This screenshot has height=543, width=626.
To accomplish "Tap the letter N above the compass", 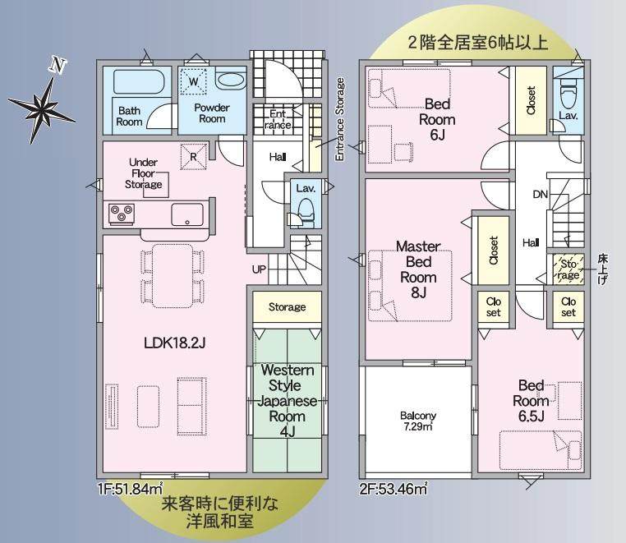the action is point(57,66).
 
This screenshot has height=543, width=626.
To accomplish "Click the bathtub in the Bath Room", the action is point(138,82).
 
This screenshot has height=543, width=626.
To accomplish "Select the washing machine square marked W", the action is point(193,81).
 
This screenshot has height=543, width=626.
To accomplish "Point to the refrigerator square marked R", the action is point(194,157).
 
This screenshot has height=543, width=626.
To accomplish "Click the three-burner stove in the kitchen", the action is point(122,214).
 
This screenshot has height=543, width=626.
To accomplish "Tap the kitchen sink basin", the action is point(186,214).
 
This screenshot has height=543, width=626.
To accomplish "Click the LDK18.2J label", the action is point(175,343).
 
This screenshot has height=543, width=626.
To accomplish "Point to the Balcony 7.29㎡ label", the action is point(418,421).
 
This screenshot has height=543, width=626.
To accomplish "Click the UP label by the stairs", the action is point(259,269).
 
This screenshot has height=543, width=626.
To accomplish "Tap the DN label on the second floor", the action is point(541,195).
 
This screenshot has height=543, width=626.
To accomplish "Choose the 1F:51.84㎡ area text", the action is point(131,488).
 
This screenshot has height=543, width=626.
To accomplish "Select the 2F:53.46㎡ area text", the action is point(394,488).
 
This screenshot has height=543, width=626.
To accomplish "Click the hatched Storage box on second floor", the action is point(569,269).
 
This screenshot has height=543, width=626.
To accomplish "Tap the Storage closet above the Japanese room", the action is point(287,306).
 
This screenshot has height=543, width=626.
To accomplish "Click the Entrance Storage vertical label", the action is point(340,119).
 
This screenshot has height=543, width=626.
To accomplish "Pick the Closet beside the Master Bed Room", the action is point(494,251).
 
